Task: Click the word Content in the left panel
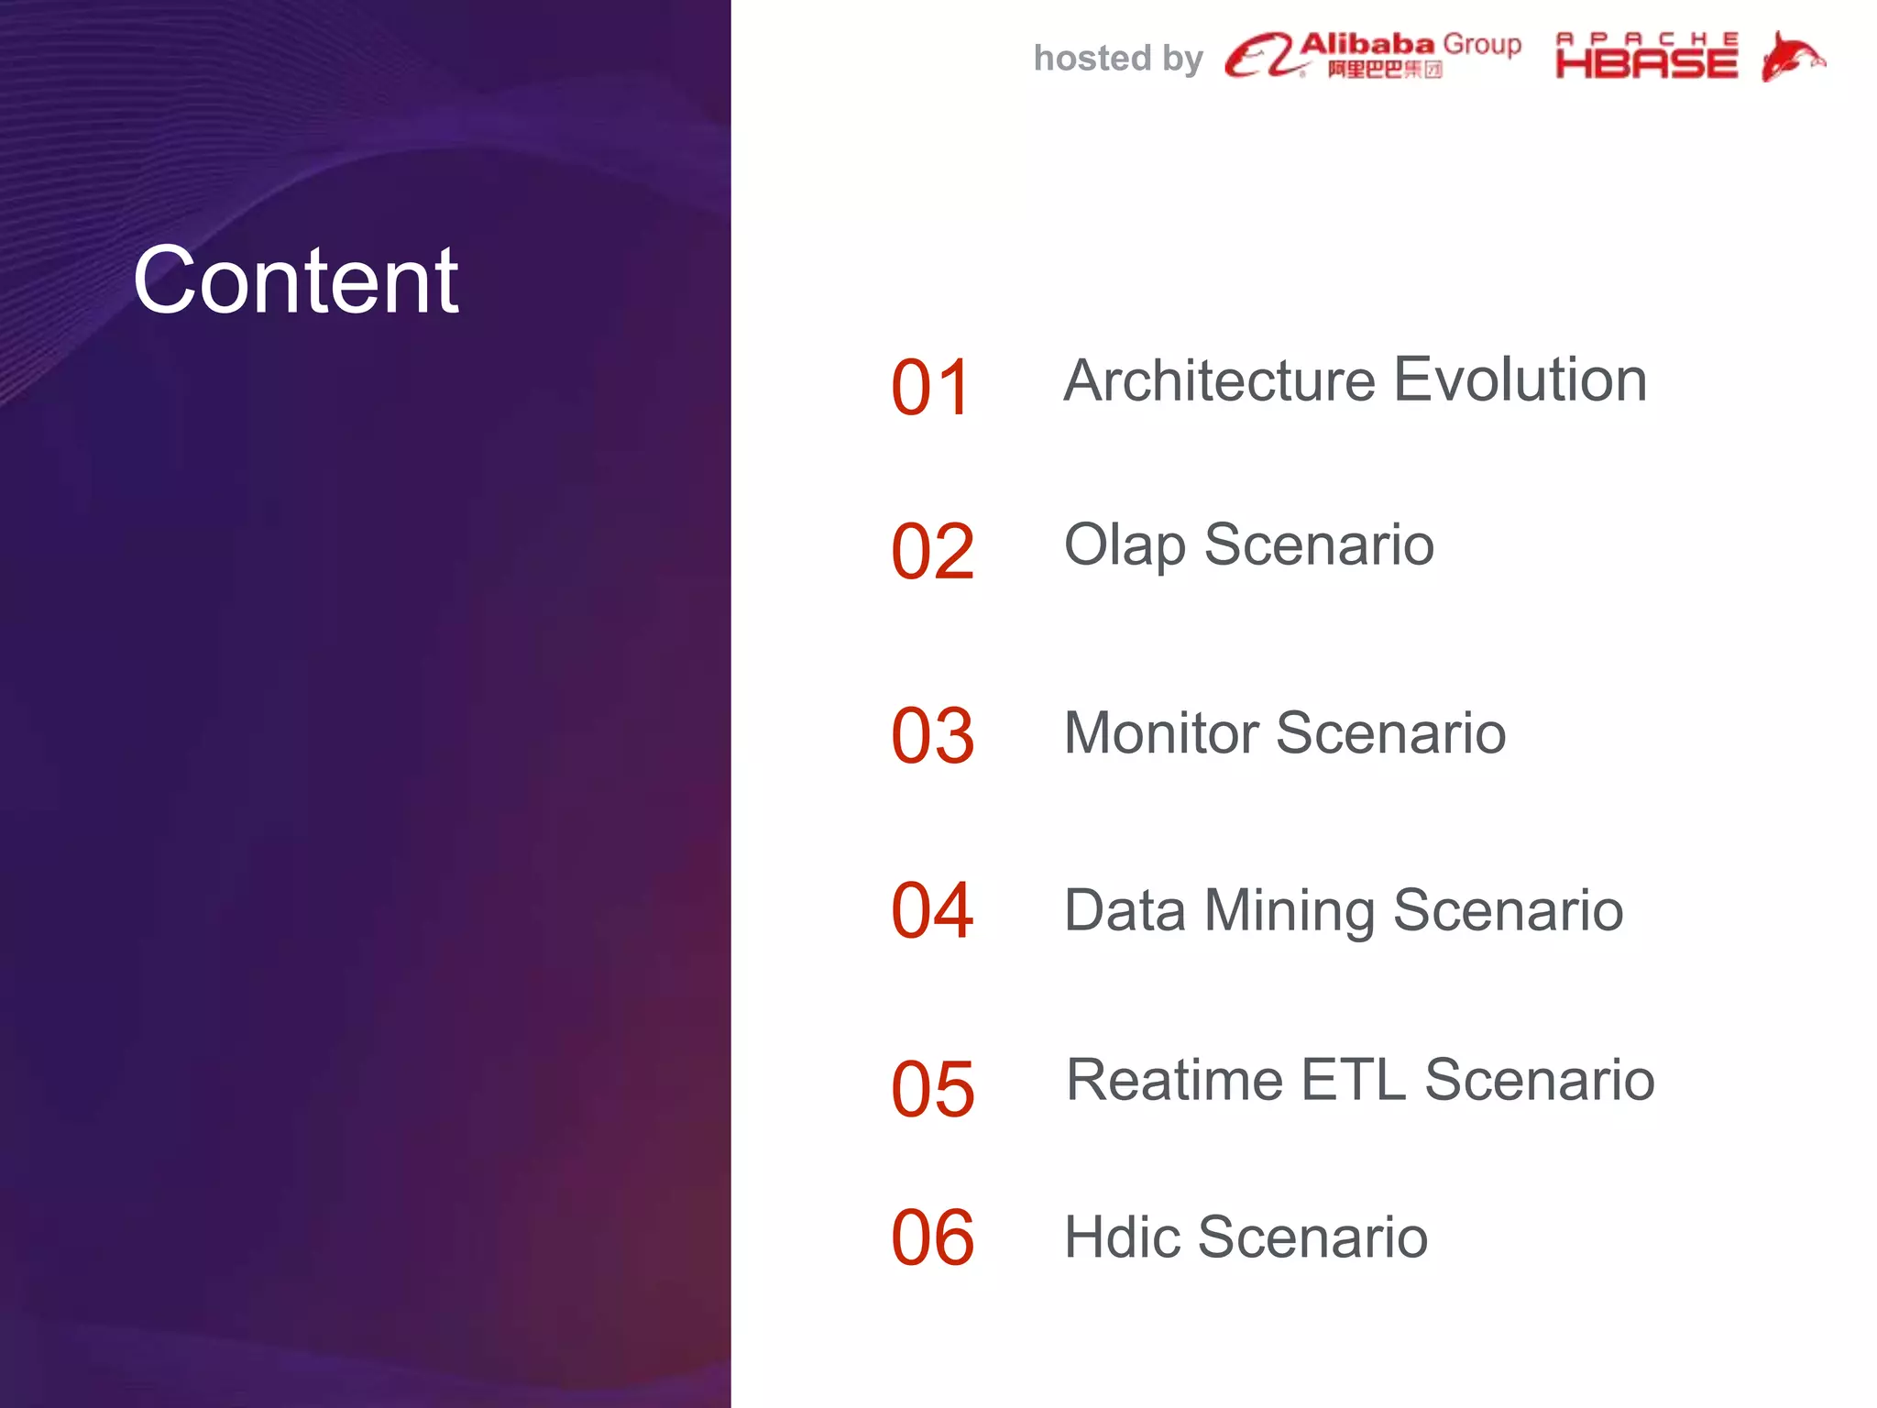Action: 295,280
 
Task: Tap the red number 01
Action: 930,388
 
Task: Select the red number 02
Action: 932,552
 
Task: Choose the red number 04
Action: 932,910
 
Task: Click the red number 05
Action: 932,1089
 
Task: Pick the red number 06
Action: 932,1237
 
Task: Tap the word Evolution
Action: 1520,380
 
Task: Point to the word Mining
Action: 1289,911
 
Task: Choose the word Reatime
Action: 1174,1080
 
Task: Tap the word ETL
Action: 1353,1080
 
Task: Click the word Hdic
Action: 1122,1237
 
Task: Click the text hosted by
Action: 1118,59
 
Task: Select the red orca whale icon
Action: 1792,57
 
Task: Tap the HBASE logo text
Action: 1646,62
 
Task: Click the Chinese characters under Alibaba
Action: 1384,70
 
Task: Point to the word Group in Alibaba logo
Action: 1482,44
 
